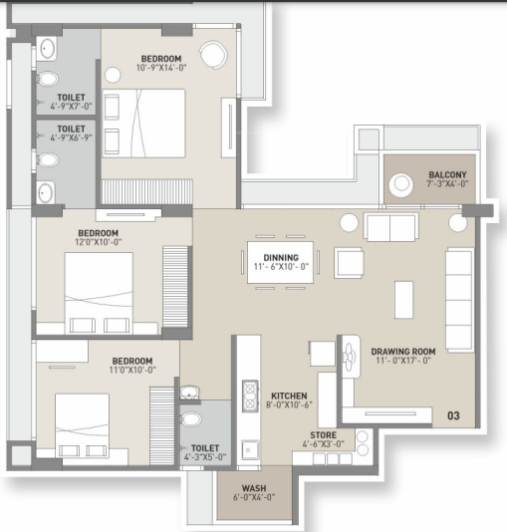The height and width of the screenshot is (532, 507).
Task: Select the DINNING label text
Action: [x=280, y=254]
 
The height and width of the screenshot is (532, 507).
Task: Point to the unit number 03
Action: [x=453, y=415]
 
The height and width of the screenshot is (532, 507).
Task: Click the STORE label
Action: [x=322, y=435]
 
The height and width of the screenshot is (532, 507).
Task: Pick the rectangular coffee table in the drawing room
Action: [x=403, y=299]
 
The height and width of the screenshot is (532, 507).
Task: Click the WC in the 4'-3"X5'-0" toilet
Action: [x=191, y=419]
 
